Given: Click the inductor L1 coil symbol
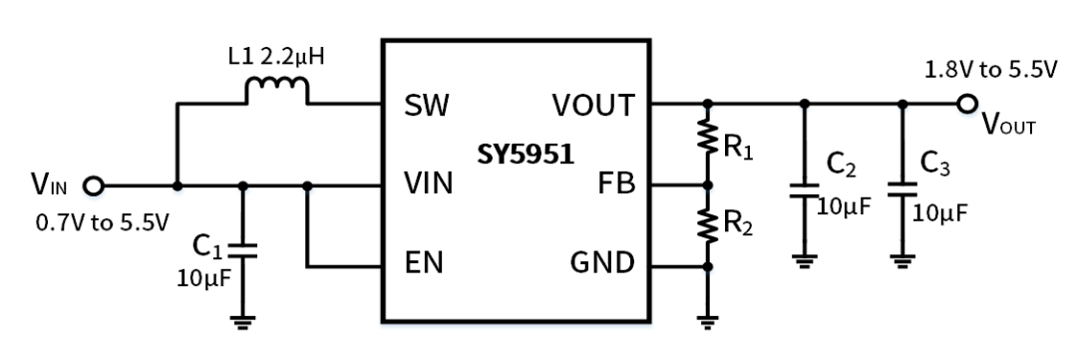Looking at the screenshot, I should point(276,92).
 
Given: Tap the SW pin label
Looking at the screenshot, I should point(427,105).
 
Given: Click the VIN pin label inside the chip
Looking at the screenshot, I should point(430,184).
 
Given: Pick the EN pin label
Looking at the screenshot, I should point(425,265).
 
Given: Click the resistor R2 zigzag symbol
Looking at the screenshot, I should point(707,225).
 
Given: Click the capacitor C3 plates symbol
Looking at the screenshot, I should point(902,189).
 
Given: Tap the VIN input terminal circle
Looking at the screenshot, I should point(94,185).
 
